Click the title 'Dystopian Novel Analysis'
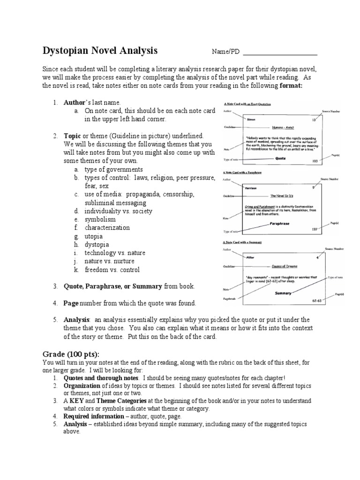pos(100,51)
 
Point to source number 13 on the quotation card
pos(314,120)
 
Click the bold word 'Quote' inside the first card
pos(281,158)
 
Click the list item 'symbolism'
pos(100,219)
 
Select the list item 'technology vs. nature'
pos(115,253)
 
